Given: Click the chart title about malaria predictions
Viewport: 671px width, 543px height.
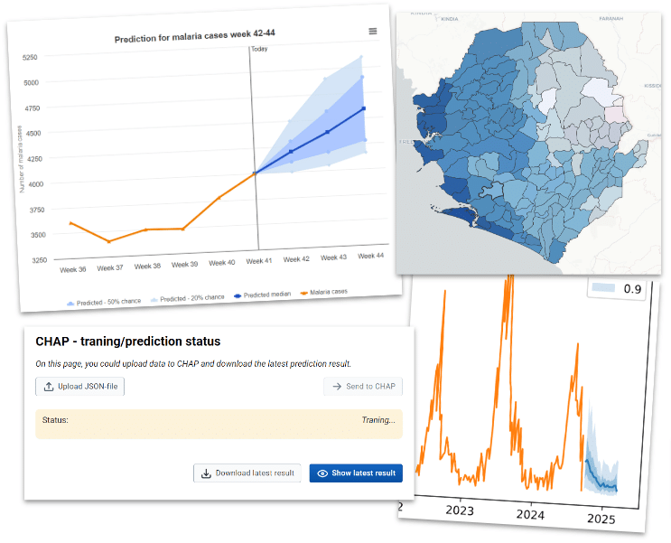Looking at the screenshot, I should (x=194, y=39).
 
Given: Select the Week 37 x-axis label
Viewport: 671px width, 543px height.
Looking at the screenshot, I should (x=109, y=267).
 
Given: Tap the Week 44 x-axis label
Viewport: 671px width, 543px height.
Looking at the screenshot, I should (x=371, y=257).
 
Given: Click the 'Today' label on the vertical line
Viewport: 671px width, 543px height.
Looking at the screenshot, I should (x=259, y=49).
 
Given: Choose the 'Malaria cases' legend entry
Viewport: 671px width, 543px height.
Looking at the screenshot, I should (x=322, y=292).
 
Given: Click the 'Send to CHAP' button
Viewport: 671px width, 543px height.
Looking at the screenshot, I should (x=363, y=387).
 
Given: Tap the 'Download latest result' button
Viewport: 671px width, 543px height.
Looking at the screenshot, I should (x=247, y=473).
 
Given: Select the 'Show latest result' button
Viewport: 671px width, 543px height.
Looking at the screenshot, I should (x=356, y=473).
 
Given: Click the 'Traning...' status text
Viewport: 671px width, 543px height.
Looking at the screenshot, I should (x=377, y=420).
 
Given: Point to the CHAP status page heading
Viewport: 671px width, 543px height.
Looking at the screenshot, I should (x=127, y=342).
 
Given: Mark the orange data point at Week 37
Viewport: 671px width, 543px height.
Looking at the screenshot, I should (x=107, y=241).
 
